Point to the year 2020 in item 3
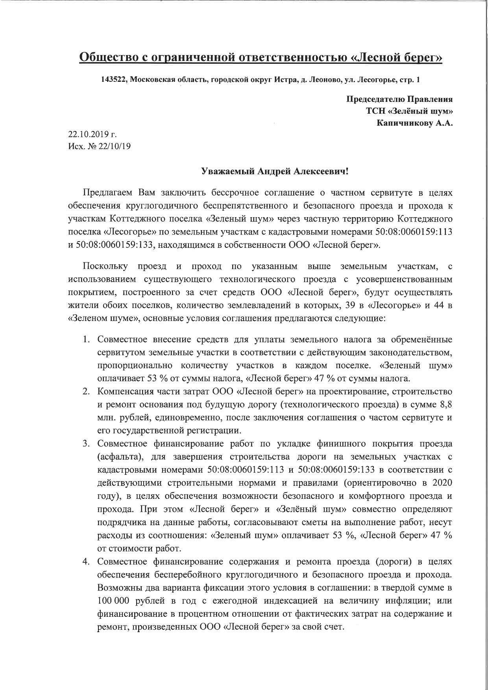coord(442,483)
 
